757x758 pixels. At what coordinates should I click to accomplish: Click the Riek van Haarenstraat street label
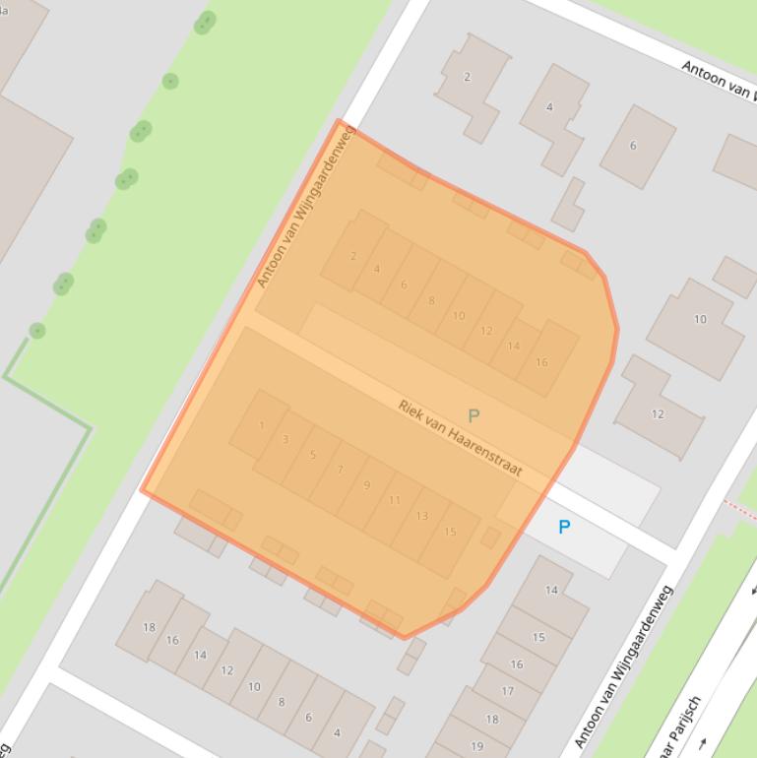pyautogui.click(x=460, y=437)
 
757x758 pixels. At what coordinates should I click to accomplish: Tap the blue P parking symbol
pyautogui.click(x=564, y=527)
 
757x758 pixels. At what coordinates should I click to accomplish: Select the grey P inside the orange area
pyautogui.click(x=473, y=415)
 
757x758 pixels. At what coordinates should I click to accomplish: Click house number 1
pyautogui.click(x=262, y=425)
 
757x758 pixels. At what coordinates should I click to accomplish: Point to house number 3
pyautogui.click(x=285, y=439)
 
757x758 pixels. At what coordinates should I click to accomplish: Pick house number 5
pyautogui.click(x=313, y=455)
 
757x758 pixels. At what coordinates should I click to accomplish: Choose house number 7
pyautogui.click(x=341, y=470)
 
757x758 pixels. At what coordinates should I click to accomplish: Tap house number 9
pyautogui.click(x=367, y=485)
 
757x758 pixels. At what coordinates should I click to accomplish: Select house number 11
pyautogui.click(x=395, y=500)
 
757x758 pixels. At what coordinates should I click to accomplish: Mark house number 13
pyautogui.click(x=422, y=516)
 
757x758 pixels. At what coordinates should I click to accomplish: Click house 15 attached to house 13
pyautogui.click(x=450, y=532)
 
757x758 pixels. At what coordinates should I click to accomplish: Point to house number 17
pyautogui.click(x=507, y=691)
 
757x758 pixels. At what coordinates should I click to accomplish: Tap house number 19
pyautogui.click(x=476, y=745)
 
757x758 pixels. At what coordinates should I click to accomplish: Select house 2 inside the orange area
pyautogui.click(x=353, y=256)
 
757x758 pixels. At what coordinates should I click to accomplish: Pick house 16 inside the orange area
pyautogui.click(x=541, y=362)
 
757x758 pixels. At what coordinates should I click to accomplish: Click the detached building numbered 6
pyautogui.click(x=633, y=146)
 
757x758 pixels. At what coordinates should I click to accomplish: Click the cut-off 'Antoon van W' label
pyautogui.click(x=718, y=79)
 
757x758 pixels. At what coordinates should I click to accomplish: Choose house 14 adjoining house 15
pyautogui.click(x=551, y=591)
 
